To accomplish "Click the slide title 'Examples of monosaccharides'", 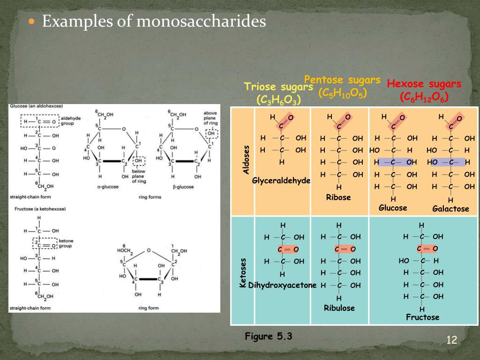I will [x=154, y=22].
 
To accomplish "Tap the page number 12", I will [x=451, y=340].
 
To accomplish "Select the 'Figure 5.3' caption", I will [x=269, y=336].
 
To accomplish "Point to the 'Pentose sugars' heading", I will [x=342, y=80].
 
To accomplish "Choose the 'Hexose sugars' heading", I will [x=424, y=84].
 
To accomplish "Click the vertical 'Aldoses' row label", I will [x=246, y=159].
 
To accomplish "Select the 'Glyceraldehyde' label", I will [x=281, y=180].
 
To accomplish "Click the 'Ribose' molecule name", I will [x=338, y=197].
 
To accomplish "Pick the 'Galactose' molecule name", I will [x=450, y=209].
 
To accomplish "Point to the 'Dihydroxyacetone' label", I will [x=282, y=285].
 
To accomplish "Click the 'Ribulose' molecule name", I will [x=339, y=308].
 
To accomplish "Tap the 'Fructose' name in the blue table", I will [x=422, y=317].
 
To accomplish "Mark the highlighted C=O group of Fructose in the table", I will [x=427, y=248].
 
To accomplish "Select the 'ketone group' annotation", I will [x=66, y=243].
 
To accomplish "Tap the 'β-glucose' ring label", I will [x=183, y=187].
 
